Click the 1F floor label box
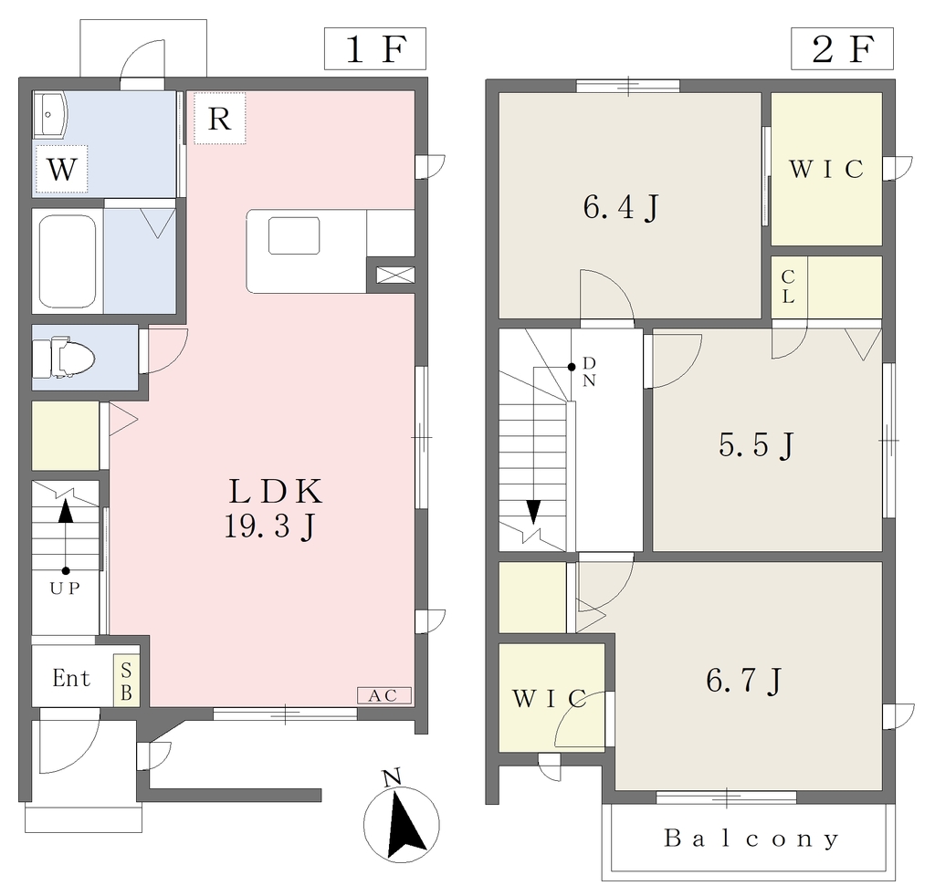coord(375,49)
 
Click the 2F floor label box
coord(842,49)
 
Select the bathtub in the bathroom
coord(68,261)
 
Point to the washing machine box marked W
coord(62,169)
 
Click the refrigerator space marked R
coord(219,118)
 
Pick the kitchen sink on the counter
coord(294,236)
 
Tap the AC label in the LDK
coord(384,696)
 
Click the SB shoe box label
coord(126,681)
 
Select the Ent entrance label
coord(71,678)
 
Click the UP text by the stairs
coord(65,589)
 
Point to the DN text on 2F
coord(589,371)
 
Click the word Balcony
coord(752,839)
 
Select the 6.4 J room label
coord(621,207)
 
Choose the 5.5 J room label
coord(756,444)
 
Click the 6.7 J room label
coord(743,681)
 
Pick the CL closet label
coord(788,287)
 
